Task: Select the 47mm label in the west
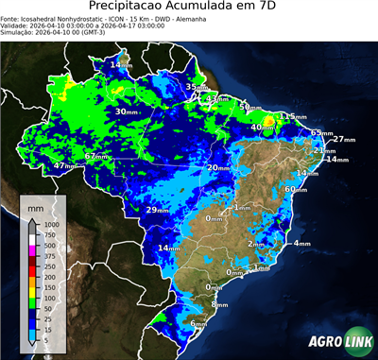(x=66, y=166)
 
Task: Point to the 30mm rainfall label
(x=128, y=112)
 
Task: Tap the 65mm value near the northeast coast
(x=322, y=133)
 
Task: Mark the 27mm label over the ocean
(x=344, y=140)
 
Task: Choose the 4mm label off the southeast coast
(x=302, y=244)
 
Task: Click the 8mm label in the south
(x=220, y=304)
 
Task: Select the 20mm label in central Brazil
(x=218, y=168)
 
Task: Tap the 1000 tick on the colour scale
(x=50, y=224)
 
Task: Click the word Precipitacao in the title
(x=143, y=7)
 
